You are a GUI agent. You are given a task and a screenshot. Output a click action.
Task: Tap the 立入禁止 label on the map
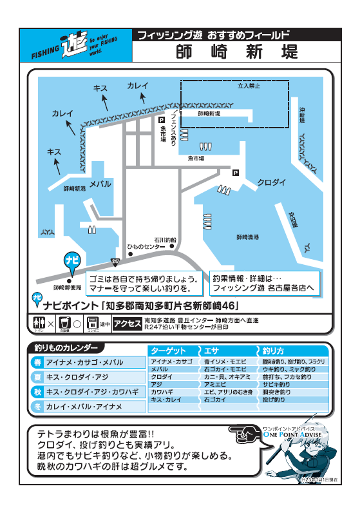[249, 85]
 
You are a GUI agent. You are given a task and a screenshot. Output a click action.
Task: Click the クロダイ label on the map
[271, 182]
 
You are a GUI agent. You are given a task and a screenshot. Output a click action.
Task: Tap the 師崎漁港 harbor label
[247, 237]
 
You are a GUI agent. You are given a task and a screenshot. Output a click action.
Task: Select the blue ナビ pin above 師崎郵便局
[71, 260]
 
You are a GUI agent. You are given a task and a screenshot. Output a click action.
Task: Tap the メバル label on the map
[100, 184]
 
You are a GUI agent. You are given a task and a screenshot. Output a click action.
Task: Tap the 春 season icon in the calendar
[37, 363]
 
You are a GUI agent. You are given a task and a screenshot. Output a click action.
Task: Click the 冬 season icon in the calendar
[37, 407]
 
